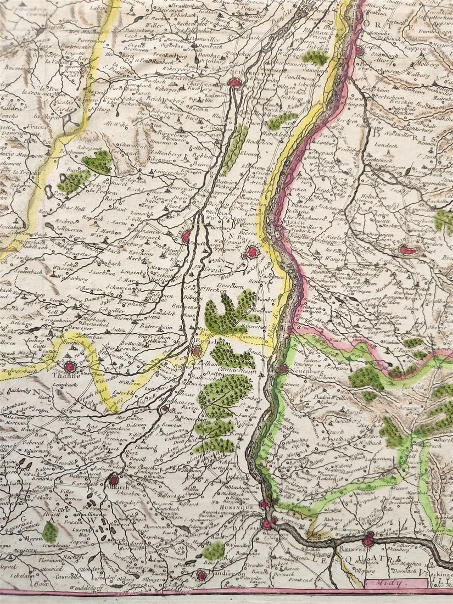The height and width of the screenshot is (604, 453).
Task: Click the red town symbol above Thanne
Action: click(70, 366)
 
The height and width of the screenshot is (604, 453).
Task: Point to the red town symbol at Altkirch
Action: click(114, 480)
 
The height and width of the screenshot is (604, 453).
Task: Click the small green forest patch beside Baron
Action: click(50, 532)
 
